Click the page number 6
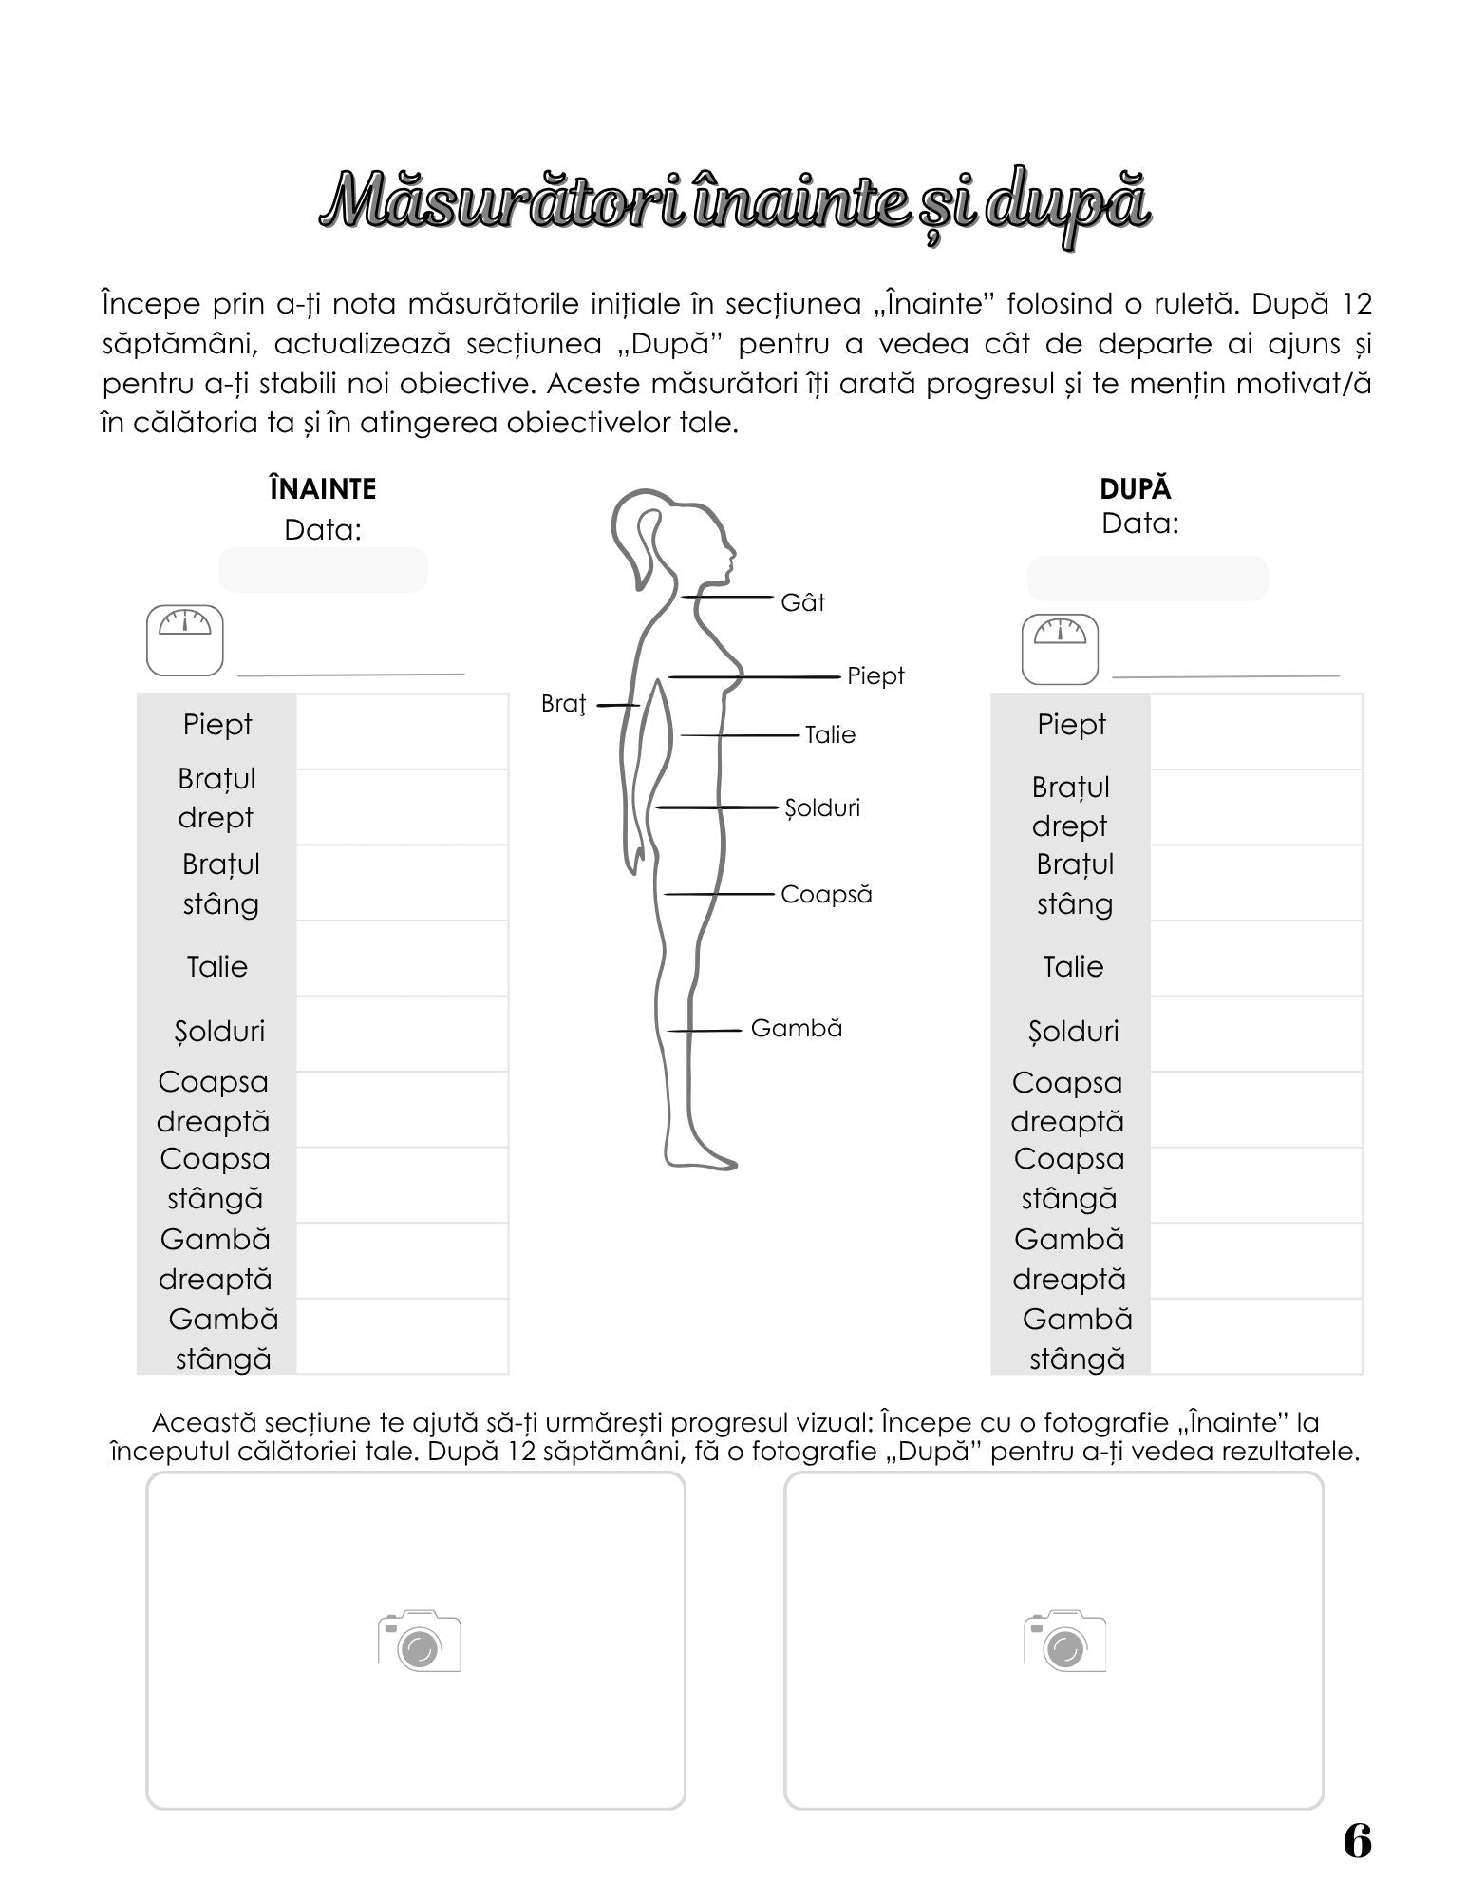pyautogui.click(x=1357, y=1841)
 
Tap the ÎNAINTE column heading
pyautogui.click(x=323, y=488)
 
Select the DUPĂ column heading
pyautogui.click(x=1135, y=488)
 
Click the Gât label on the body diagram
pyautogui.click(x=802, y=602)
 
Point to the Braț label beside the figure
pyautogui.click(x=563, y=703)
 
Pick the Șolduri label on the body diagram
pyautogui.click(x=822, y=807)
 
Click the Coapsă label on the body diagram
pyautogui.click(x=826, y=894)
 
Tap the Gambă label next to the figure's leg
pyautogui.click(x=796, y=1028)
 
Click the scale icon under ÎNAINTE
pyautogui.click(x=184, y=639)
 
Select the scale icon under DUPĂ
pyautogui.click(x=1060, y=649)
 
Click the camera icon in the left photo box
pyautogui.click(x=419, y=1641)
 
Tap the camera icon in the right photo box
pyautogui.click(x=1064, y=1641)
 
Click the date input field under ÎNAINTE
pyautogui.click(x=323, y=570)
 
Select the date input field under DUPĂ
pyautogui.click(x=1147, y=579)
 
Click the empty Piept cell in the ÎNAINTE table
pyautogui.click(x=402, y=731)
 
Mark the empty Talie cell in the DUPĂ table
pyautogui.click(x=1255, y=959)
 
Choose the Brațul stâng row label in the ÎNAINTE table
pyautogui.click(x=220, y=883)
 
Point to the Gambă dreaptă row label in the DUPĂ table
pyautogui.click(x=1068, y=1259)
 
